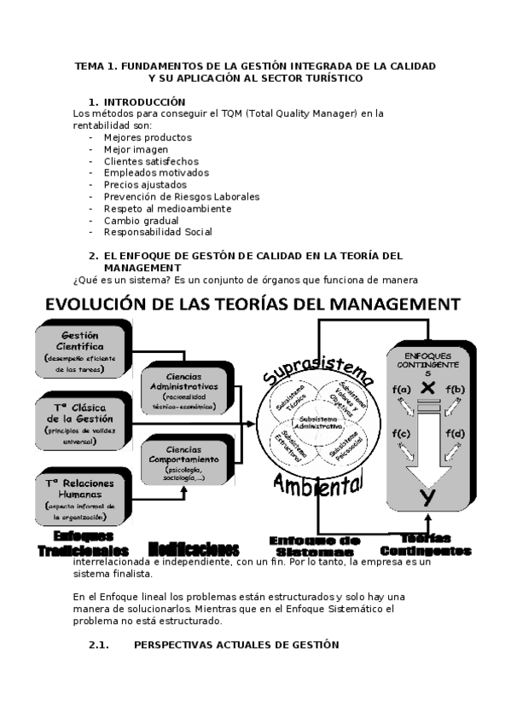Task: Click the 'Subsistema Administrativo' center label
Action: click(316, 423)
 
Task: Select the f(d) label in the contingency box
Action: click(455, 434)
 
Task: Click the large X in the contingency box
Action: click(428, 388)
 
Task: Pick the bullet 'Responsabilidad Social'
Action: click(158, 231)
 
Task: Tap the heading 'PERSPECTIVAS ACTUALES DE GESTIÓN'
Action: click(236, 645)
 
